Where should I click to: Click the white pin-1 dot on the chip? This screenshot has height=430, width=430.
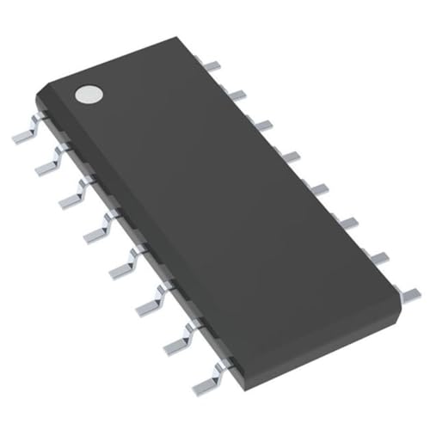[x=87, y=95]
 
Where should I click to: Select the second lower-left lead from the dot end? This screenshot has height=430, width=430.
[x=47, y=163]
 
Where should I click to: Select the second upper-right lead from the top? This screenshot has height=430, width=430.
[x=238, y=93]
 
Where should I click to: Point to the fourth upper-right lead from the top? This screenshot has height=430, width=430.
[x=290, y=156]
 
